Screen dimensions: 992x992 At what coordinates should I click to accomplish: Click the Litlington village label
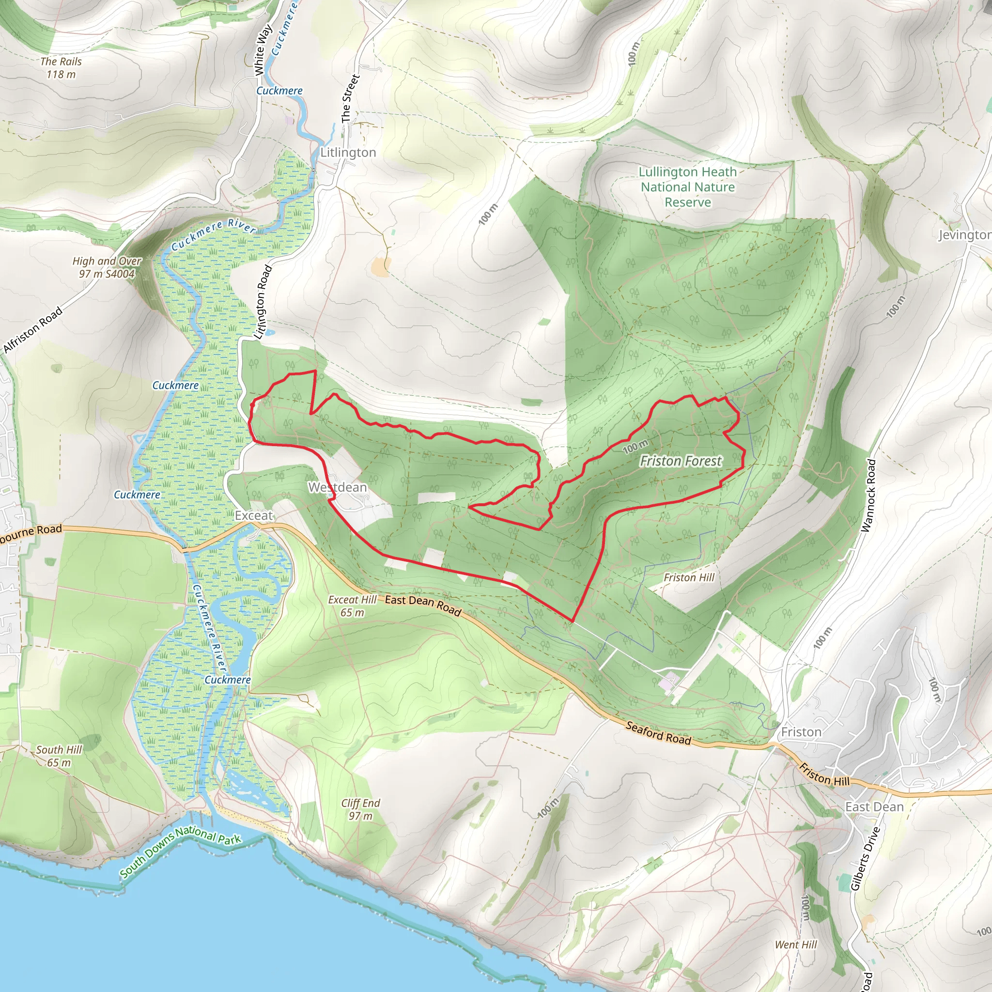click(x=348, y=153)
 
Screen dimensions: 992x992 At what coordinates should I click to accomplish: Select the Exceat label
click(x=254, y=515)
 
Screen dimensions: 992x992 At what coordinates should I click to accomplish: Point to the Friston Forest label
click(x=681, y=461)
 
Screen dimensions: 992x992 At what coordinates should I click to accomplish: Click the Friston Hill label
click(x=689, y=578)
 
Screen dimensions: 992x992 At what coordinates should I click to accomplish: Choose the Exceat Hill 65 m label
click(x=352, y=606)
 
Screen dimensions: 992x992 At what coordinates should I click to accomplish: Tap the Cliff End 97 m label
click(x=360, y=809)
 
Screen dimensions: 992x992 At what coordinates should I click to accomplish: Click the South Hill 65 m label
click(x=59, y=756)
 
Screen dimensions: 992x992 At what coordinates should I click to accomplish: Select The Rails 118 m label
click(x=61, y=68)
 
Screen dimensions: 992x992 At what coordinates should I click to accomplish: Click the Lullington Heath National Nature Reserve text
click(x=687, y=187)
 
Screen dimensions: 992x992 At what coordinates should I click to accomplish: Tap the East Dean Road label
click(x=423, y=605)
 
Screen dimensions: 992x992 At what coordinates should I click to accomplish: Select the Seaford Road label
click(x=658, y=733)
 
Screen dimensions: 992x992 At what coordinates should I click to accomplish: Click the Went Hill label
click(x=796, y=945)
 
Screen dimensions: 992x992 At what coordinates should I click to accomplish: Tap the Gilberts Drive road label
click(x=866, y=858)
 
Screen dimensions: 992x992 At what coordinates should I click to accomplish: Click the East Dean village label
click(x=874, y=806)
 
